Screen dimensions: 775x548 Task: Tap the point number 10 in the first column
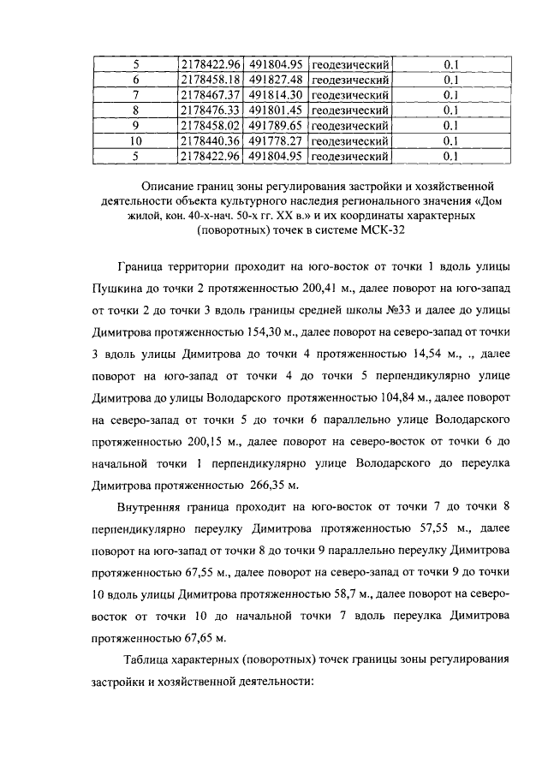pos(134,141)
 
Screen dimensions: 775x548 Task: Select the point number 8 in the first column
pos(134,110)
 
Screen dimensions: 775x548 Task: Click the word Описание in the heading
pos(170,187)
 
